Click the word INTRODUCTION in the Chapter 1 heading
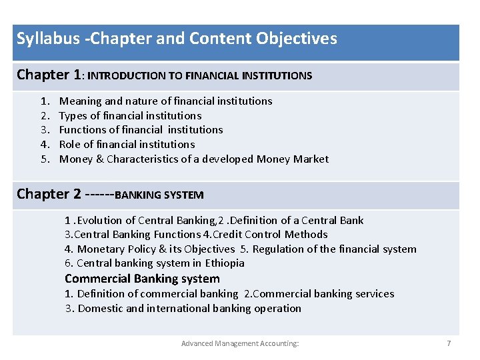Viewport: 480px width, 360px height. click(127, 76)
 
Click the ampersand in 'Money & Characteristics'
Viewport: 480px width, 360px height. click(99, 159)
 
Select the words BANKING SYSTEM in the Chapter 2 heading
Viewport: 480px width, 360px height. click(159, 195)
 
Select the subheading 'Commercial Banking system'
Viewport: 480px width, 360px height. click(142, 279)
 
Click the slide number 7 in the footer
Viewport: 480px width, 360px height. click(449, 343)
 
